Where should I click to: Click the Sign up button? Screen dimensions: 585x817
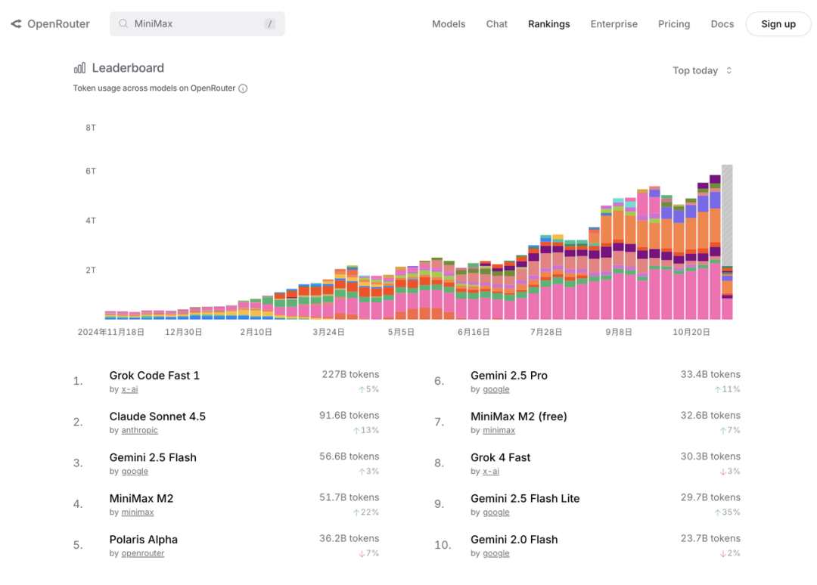(778, 24)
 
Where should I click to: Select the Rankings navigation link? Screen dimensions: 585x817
(548, 24)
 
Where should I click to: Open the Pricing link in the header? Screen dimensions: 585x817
(673, 24)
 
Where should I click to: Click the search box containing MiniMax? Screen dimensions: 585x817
(197, 24)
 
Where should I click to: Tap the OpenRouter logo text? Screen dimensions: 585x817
(58, 24)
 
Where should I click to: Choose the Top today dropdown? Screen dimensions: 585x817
(702, 70)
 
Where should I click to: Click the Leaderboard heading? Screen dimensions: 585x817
(128, 68)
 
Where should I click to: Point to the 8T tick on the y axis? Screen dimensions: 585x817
(91, 128)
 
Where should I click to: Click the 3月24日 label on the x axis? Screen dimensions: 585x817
(328, 332)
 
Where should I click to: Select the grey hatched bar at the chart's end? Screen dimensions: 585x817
(727, 215)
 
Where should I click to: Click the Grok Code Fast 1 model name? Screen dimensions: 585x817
(154, 376)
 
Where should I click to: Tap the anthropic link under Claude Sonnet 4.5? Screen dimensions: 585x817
(140, 430)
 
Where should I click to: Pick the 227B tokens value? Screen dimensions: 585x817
(350, 374)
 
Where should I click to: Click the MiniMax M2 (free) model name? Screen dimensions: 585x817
(518, 416)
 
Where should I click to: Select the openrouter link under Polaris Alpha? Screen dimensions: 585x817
(143, 553)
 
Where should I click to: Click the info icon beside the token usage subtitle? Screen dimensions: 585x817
(243, 88)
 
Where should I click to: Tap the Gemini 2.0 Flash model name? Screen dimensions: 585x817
(514, 540)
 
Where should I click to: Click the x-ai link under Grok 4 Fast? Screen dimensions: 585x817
(491, 471)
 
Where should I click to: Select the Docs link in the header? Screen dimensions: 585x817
(722, 24)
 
